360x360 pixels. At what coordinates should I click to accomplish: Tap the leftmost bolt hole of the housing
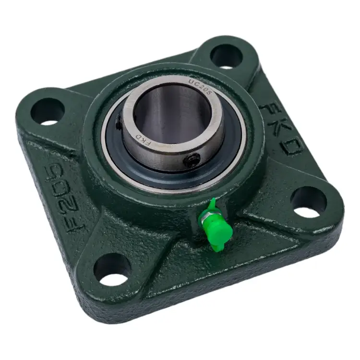[x=48, y=112]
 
